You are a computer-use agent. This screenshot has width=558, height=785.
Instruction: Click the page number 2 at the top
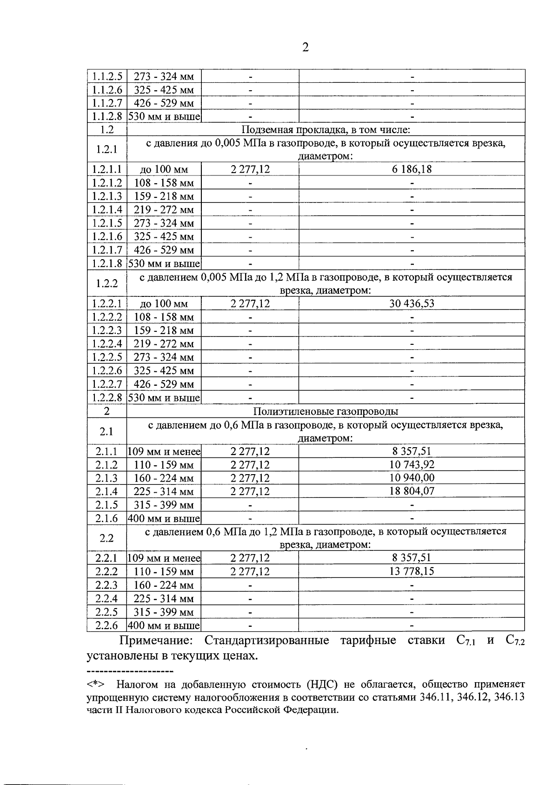click(x=305, y=47)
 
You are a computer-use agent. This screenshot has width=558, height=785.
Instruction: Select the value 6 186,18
click(x=412, y=169)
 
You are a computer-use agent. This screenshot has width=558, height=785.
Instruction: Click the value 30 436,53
click(x=412, y=304)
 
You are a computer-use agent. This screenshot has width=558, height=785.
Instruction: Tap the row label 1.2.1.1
click(x=106, y=169)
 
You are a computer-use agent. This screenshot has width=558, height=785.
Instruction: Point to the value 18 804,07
click(x=412, y=491)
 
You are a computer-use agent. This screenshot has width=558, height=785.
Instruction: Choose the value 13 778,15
click(x=412, y=571)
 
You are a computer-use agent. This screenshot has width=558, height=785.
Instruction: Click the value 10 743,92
click(x=412, y=464)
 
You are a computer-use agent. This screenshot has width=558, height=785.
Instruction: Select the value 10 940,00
click(x=412, y=478)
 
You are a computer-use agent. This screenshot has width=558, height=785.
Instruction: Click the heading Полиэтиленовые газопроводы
click(x=325, y=411)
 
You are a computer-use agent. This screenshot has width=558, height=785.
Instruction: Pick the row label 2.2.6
click(x=106, y=625)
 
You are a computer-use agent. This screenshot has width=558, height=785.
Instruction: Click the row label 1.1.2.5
click(x=106, y=76)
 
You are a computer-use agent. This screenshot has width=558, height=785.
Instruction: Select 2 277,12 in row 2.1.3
click(x=250, y=478)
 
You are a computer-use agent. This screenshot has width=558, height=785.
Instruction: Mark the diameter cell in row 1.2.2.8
click(x=164, y=398)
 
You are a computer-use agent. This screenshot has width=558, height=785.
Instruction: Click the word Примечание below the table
click(x=156, y=641)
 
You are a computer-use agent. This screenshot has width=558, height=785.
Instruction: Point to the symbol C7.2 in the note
click(x=514, y=641)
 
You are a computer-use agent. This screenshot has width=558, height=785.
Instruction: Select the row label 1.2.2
click(x=106, y=284)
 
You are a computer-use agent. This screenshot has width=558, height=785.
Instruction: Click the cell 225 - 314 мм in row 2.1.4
click(x=164, y=491)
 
